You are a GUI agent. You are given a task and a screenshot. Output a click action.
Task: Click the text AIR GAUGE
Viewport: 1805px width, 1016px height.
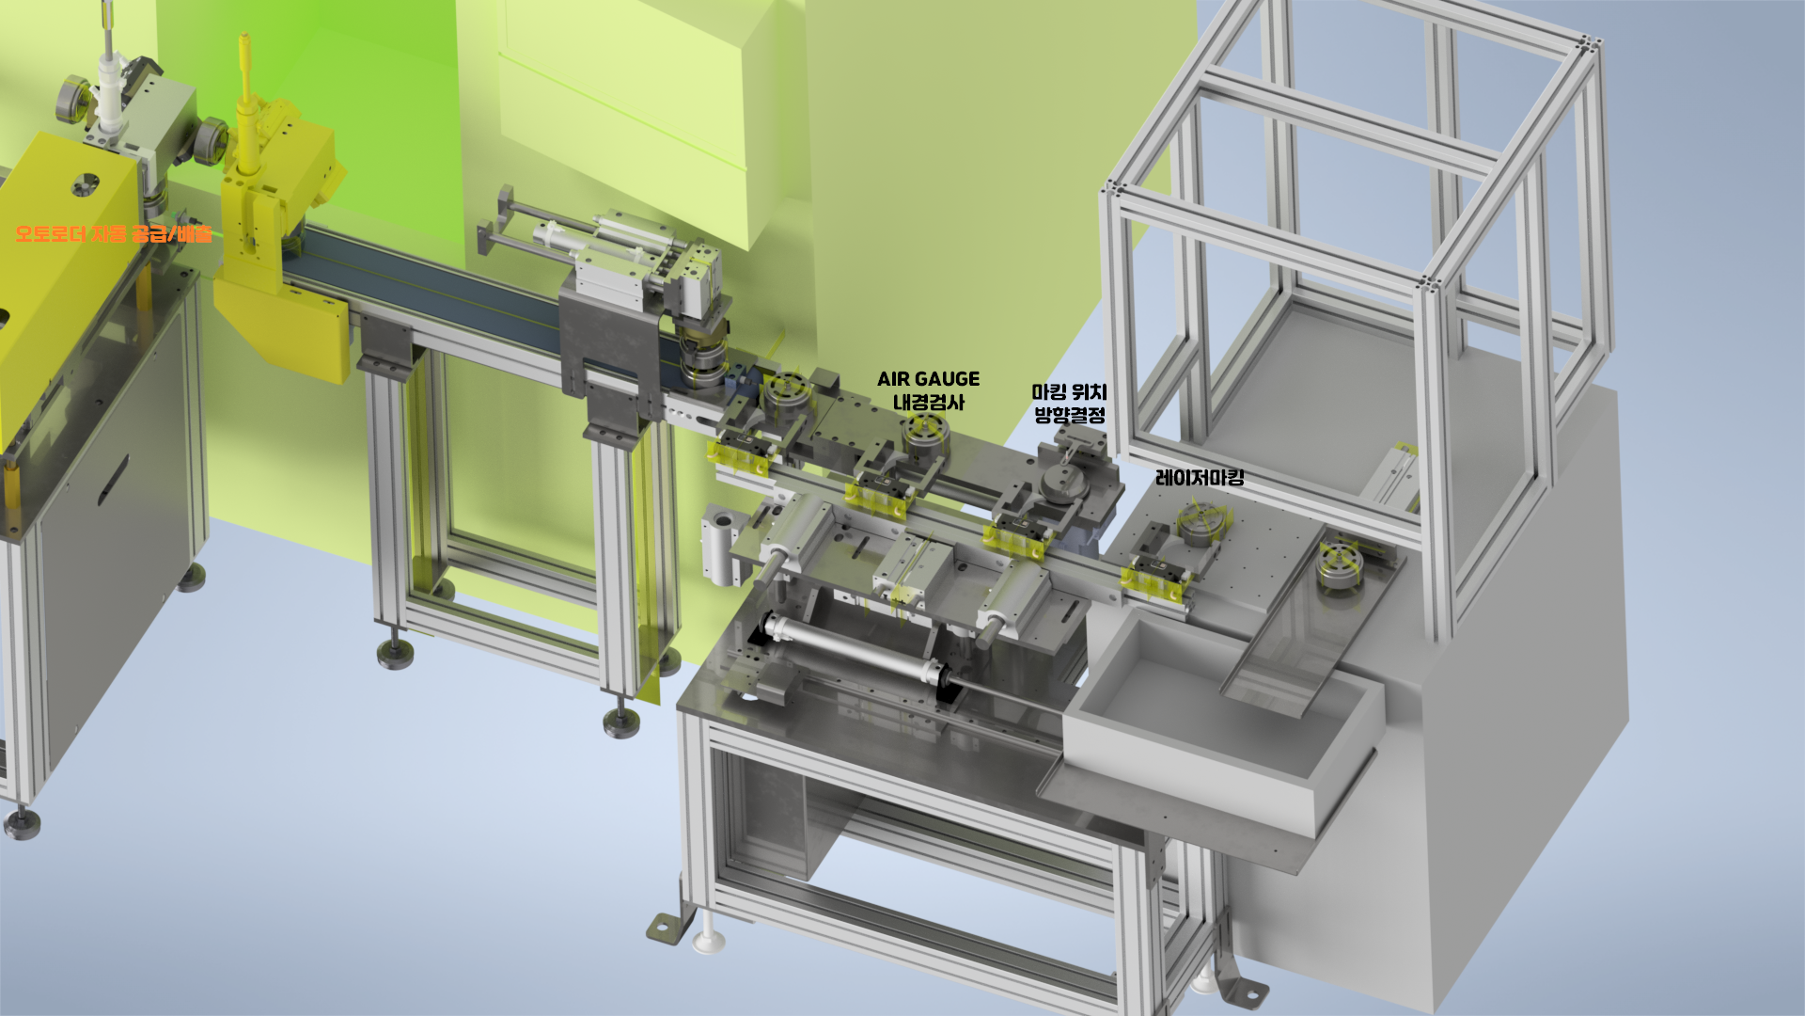(x=928, y=379)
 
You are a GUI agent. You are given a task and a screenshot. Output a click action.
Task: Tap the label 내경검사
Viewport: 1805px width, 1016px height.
(x=928, y=403)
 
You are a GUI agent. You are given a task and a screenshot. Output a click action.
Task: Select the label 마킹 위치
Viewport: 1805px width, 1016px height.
(x=1069, y=392)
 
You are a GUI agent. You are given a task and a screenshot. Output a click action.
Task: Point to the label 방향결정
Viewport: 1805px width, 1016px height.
(x=1069, y=415)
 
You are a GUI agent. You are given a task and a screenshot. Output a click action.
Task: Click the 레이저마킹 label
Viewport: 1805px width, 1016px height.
(x=1200, y=478)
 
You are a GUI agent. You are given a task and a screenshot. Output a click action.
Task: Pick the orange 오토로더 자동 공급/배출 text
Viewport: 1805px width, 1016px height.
(x=114, y=233)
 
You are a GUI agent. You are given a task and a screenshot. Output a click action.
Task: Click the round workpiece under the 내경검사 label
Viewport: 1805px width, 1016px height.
(x=926, y=432)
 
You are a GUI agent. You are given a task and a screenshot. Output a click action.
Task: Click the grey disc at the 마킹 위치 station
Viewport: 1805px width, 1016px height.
(x=1064, y=482)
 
